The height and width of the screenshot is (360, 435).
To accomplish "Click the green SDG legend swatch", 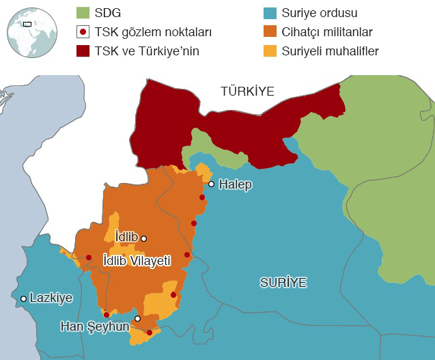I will coord(83,12).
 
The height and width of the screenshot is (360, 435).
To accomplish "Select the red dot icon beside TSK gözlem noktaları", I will coord(83,31).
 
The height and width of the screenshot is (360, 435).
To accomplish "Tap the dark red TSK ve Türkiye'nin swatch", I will coord(83,51).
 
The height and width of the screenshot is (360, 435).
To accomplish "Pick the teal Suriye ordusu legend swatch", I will coord(269,12).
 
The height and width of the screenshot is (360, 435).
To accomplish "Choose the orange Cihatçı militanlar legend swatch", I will coord(269,31).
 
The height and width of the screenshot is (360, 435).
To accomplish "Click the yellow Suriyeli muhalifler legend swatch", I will coord(269,51).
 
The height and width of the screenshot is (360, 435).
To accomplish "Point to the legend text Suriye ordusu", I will coord(320,13).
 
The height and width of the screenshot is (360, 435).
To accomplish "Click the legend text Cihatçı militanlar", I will coord(327,32).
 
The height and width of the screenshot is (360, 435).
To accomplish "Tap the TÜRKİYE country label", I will coord(247,91).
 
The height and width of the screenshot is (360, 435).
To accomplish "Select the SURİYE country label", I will coord(283,281).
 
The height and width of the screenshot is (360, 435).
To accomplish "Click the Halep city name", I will coord(236,184).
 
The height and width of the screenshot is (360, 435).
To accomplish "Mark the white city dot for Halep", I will coord(212,184).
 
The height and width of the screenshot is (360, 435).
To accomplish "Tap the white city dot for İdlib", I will coord(143,238).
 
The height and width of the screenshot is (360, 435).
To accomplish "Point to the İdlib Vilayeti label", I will coord(136,260).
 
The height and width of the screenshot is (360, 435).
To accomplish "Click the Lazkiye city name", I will coord(51,298).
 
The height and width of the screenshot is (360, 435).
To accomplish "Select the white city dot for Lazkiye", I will coord(24,299).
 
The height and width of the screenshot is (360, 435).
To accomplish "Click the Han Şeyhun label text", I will coord(95,327).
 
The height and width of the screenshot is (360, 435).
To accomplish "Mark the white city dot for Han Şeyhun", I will coord(137,318).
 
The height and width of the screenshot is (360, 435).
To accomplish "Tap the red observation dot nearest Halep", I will coord(202,198).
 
